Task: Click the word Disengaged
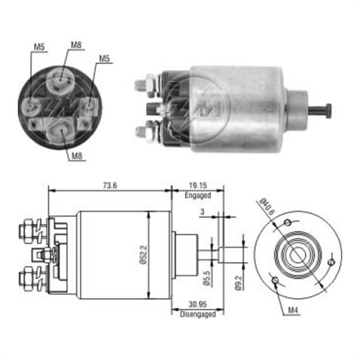(197, 315)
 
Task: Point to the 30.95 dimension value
(197, 305)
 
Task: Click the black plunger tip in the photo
(329, 109)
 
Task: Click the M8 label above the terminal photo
(76, 46)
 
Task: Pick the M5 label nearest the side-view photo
(105, 59)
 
